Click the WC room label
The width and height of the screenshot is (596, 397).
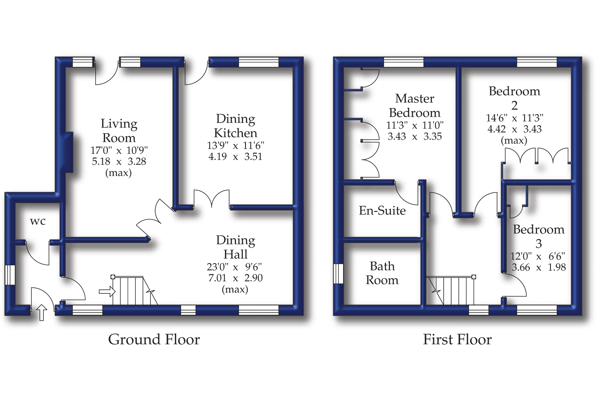point(38,221)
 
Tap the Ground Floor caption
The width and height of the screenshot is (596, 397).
point(154,340)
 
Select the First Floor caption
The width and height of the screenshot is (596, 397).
point(457,340)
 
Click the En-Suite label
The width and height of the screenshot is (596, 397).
point(382,211)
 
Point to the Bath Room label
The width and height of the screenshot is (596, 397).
point(382,273)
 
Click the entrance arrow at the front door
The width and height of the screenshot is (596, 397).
point(42,312)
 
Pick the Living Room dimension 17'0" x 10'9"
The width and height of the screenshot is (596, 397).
point(119,150)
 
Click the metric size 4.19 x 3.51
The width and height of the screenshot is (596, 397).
point(235,156)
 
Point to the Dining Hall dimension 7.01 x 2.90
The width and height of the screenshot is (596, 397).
point(235,278)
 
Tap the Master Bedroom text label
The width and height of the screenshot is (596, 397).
point(415,106)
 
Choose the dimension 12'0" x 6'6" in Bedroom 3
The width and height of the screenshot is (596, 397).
point(537,256)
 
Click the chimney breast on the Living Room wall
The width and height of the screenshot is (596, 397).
point(69,152)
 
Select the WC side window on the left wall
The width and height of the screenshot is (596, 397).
point(10,275)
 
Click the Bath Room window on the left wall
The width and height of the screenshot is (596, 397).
point(338,273)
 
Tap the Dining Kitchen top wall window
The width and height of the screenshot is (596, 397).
point(258,62)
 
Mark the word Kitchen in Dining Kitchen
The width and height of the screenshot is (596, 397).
point(235,133)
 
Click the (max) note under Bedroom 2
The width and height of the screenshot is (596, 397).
point(514,140)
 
